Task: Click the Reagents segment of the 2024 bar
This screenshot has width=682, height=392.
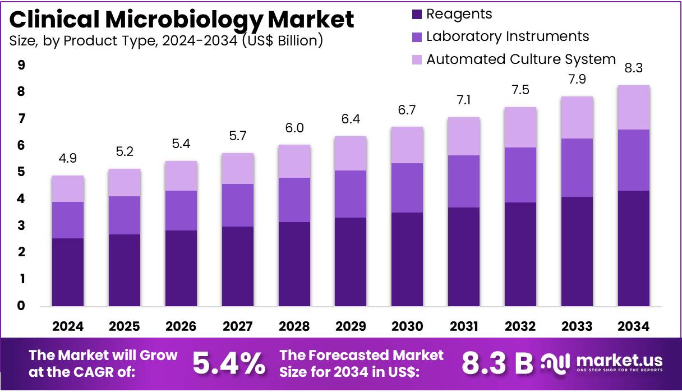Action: click(x=68, y=272)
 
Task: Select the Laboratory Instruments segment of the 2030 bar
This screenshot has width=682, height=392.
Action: click(x=407, y=187)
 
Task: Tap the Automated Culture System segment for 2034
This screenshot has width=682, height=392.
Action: click(x=633, y=107)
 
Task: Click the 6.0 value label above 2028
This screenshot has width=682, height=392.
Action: click(x=294, y=128)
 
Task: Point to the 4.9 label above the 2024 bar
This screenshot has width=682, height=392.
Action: click(x=68, y=159)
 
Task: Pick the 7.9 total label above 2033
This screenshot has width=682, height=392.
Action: click(x=577, y=80)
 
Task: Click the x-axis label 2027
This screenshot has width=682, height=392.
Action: click(x=237, y=326)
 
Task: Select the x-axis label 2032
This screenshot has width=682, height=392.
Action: click(x=520, y=326)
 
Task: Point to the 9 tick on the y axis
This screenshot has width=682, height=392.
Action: click(x=21, y=65)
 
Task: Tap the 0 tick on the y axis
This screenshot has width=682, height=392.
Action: click(x=21, y=306)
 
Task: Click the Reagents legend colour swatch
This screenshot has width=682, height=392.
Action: click(x=416, y=15)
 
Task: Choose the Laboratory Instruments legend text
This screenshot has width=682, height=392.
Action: click(x=507, y=36)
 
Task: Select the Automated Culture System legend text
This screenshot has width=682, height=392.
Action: click(x=520, y=59)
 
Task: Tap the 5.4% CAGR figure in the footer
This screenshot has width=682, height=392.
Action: click(x=229, y=363)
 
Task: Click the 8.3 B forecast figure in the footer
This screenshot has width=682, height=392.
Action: click(x=497, y=363)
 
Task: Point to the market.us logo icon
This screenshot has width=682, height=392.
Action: click(x=555, y=363)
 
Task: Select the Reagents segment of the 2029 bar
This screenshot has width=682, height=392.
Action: click(x=351, y=261)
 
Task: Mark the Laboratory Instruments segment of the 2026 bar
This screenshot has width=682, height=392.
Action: click(x=181, y=210)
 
